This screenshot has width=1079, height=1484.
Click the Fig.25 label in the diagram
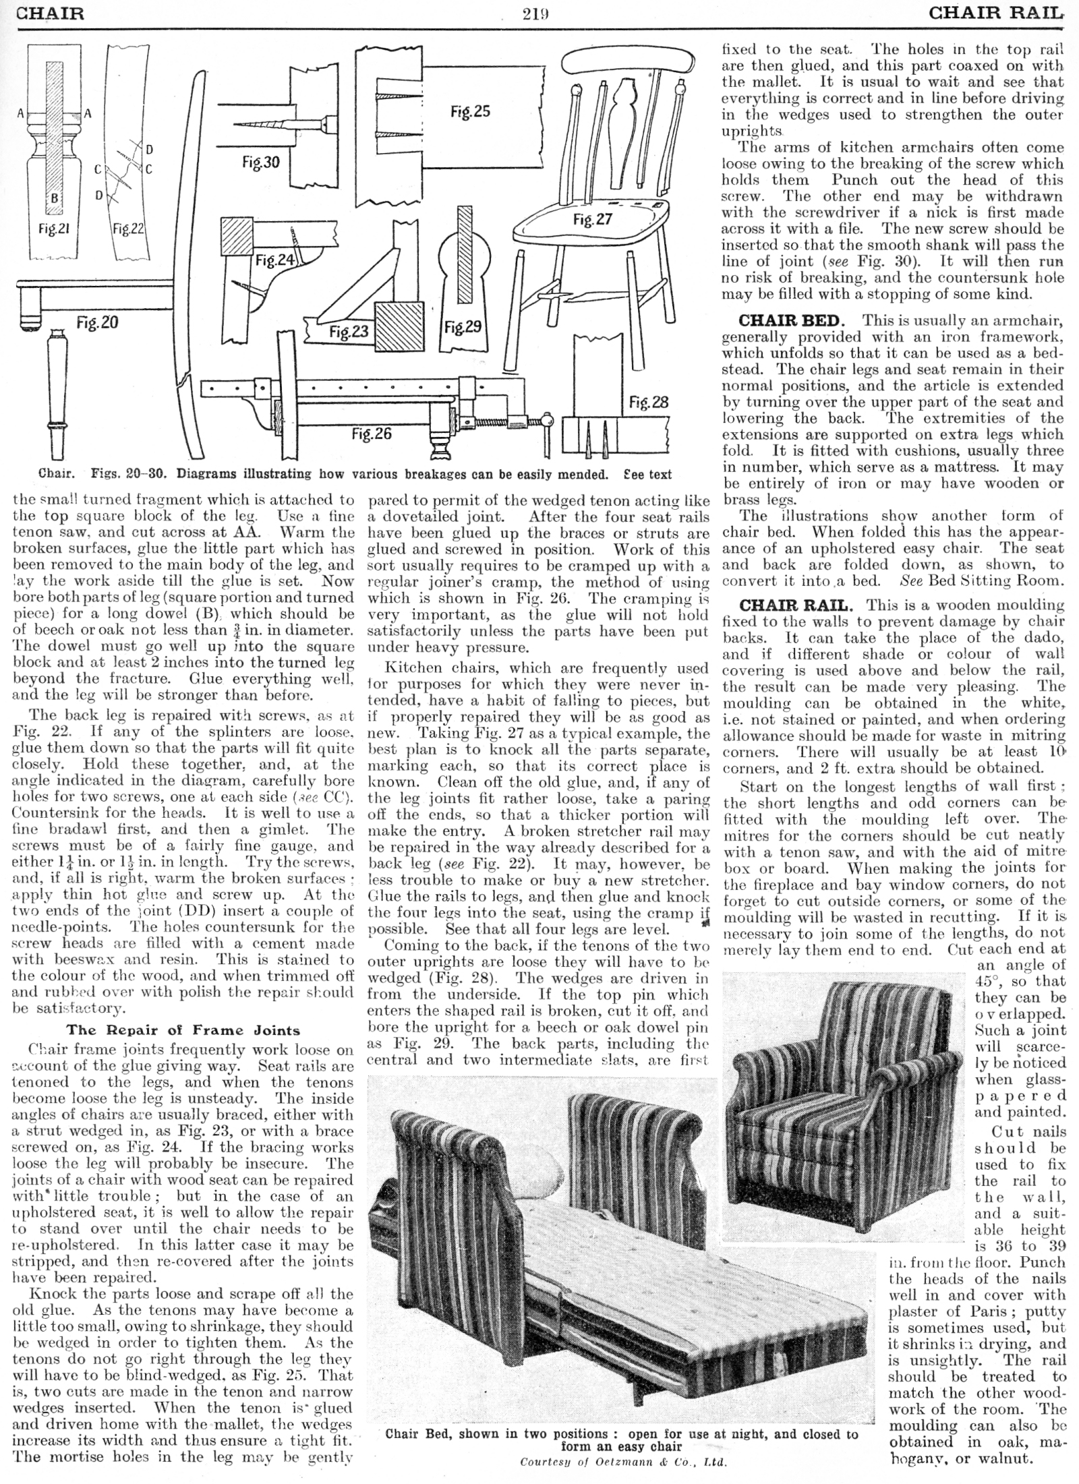pos(470,111)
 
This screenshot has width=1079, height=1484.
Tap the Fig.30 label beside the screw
pos(261,162)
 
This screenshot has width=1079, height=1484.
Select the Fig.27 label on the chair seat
pos(592,219)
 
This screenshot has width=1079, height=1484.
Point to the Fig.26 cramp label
pos(371,434)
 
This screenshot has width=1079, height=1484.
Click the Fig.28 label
pos(648,403)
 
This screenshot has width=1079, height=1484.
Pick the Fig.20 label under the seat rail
pos(97,323)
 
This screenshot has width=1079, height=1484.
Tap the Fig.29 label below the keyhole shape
pos(463,328)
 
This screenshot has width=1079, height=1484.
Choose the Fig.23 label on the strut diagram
pos(349,331)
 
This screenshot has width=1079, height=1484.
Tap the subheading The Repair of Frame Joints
pos(183,1030)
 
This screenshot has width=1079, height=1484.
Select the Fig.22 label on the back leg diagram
pos(128,229)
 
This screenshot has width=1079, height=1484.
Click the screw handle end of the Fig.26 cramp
pos(547,422)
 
